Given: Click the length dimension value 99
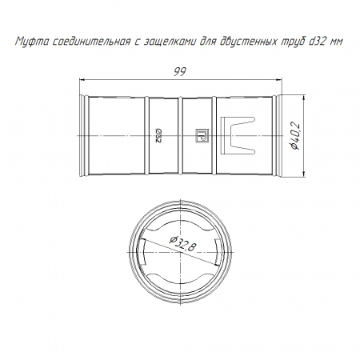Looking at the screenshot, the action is point(180,71).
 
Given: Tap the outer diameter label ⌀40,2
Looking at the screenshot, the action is point(295,136).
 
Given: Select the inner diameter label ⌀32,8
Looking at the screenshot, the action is point(183,244).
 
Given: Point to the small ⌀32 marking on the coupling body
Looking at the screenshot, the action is point(158,135).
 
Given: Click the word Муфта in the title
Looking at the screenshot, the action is point(32,42).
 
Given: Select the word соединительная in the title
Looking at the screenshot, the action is point(91,42).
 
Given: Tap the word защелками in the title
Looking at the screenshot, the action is point(170,42).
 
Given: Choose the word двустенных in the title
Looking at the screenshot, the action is point(250,42).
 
